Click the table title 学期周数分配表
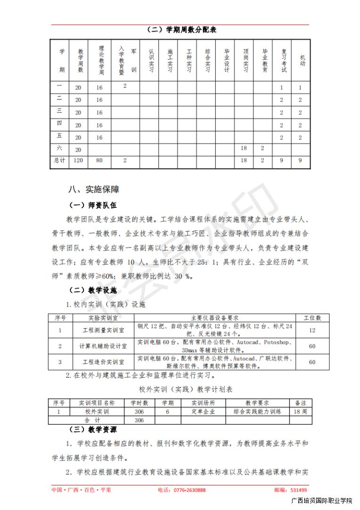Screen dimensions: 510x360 [x=182, y=30]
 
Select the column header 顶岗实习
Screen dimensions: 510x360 [x=245, y=60]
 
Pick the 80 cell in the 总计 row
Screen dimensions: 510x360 [x=99, y=161]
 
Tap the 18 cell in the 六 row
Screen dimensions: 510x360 [x=244, y=148]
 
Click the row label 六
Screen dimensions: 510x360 [x=59, y=148]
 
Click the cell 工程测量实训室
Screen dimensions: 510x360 [x=103, y=331]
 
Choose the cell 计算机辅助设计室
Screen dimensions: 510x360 [x=103, y=347]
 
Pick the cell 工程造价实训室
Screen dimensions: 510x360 [x=103, y=362]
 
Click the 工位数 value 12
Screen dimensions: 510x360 [x=312, y=331]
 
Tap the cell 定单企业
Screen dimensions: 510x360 [x=203, y=412]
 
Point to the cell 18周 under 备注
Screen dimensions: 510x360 [x=300, y=412]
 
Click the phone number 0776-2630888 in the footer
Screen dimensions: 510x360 [x=188, y=490]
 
